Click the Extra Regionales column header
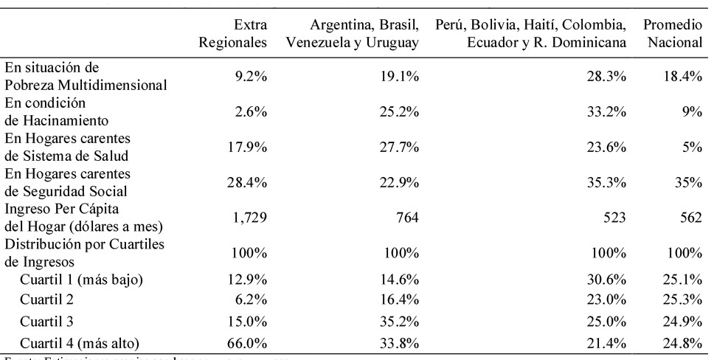pyautogui.click(x=233, y=35)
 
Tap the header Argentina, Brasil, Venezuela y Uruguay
pyautogui.click(x=353, y=35)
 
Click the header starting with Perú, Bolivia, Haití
pyautogui.click(x=531, y=35)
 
